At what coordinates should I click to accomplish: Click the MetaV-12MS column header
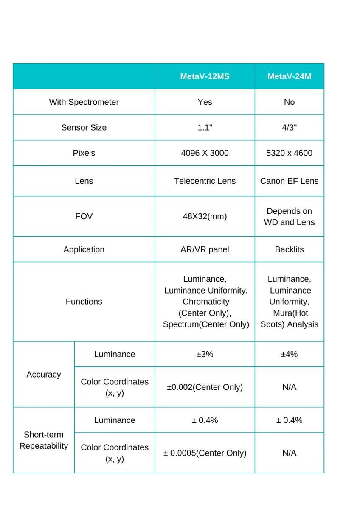(205, 77)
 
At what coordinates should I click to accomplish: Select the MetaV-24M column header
(289, 77)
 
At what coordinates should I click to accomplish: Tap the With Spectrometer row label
(84, 102)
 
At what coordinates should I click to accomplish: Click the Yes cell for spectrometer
(205, 102)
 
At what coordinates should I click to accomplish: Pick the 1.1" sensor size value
(205, 128)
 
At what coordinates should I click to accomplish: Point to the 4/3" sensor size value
(289, 128)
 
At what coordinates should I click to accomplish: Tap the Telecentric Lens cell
(205, 181)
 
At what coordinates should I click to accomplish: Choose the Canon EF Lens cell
(289, 181)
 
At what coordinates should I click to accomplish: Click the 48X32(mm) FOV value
(205, 216)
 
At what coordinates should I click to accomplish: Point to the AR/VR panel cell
(205, 249)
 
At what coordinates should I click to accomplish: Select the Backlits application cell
(289, 249)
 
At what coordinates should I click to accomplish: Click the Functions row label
(84, 302)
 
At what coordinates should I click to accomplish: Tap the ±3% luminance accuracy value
(205, 354)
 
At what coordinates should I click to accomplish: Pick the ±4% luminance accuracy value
(289, 354)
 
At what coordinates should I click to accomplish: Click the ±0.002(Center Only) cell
(205, 387)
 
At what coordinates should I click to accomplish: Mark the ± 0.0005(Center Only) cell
(205, 453)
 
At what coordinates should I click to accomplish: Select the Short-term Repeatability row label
(44, 440)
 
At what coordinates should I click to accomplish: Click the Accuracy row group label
(44, 375)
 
